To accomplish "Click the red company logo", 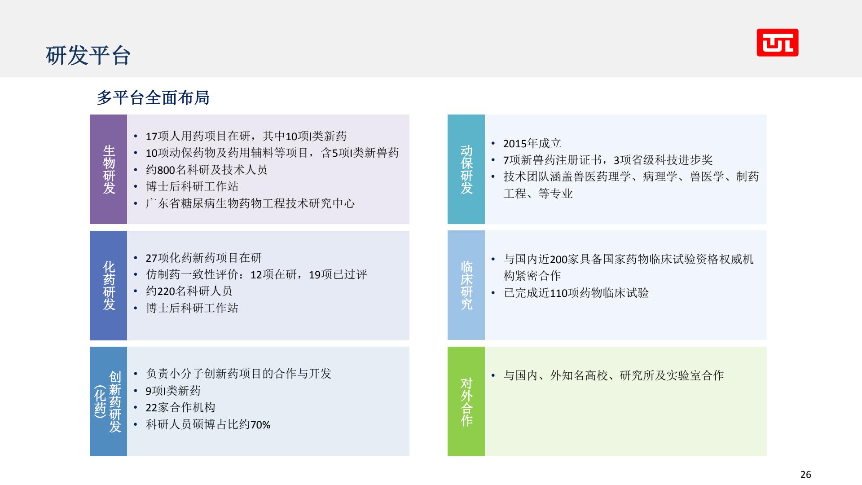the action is pyautogui.click(x=777, y=43).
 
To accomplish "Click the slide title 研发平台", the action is pyautogui.click(x=88, y=56).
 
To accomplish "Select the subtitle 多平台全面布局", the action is pyautogui.click(x=153, y=97).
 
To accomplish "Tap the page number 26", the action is pyautogui.click(x=805, y=474).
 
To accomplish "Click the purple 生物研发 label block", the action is pyautogui.click(x=108, y=169).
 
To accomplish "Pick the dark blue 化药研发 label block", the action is pyautogui.click(x=108, y=286).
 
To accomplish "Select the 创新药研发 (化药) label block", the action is pyautogui.click(x=108, y=401).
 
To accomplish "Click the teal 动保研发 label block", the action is pyautogui.click(x=466, y=169).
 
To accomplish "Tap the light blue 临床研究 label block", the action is pyautogui.click(x=466, y=286).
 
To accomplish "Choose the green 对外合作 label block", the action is pyautogui.click(x=466, y=401).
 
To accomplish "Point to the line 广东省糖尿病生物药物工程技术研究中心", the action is pyautogui.click(x=250, y=203).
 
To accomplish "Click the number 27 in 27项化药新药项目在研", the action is pyautogui.click(x=151, y=258).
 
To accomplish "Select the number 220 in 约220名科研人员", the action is pyautogui.click(x=166, y=291).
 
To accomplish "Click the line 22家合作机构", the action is pyautogui.click(x=180, y=407).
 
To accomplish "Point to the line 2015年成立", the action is pyautogui.click(x=532, y=143).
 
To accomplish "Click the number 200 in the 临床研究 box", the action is pyautogui.click(x=559, y=260).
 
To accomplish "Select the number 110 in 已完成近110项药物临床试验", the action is pyautogui.click(x=559, y=293).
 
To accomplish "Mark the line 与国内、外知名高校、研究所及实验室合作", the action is pyautogui.click(x=614, y=375).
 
